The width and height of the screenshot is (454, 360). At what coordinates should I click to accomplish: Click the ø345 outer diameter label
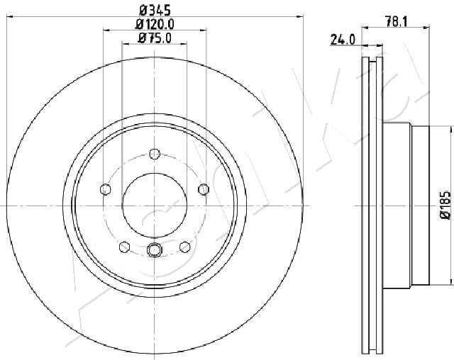[155, 11]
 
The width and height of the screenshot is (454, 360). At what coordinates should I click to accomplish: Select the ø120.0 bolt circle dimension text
[155, 24]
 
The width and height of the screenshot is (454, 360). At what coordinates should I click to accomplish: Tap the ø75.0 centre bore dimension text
[154, 38]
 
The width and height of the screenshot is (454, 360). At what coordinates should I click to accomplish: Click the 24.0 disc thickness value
[343, 40]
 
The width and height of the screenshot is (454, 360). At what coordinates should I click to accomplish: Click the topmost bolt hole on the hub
[155, 152]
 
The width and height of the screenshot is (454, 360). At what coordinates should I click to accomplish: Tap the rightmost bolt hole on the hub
[204, 189]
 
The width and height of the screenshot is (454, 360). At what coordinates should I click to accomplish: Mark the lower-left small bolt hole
[125, 246]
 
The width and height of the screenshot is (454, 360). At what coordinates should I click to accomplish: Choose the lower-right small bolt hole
[185, 246]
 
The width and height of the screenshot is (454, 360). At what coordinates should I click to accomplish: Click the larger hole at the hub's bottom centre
[155, 249]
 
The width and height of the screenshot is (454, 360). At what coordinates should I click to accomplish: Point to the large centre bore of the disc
[155, 206]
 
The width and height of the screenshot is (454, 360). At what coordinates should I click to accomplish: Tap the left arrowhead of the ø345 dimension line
[9, 16]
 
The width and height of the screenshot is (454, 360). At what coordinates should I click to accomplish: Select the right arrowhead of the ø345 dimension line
[301, 16]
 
